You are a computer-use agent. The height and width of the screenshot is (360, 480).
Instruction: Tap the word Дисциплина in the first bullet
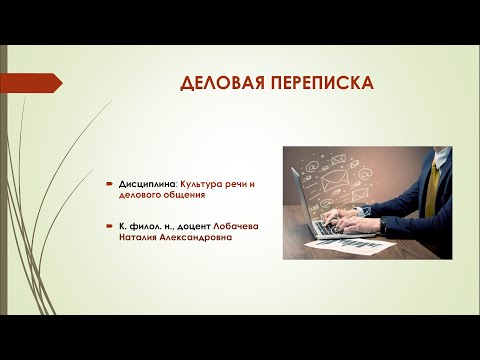point(146,186)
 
